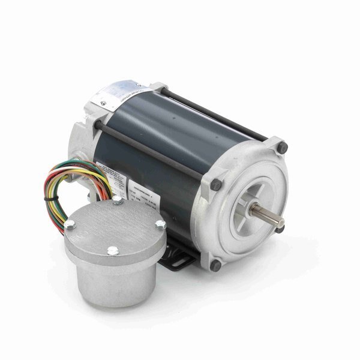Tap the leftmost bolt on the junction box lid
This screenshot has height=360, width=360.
pyautogui.click(x=70, y=225)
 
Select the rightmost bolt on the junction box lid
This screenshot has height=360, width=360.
pyautogui.click(x=160, y=224)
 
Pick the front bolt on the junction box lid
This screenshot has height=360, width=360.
pyautogui.click(x=112, y=253)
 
